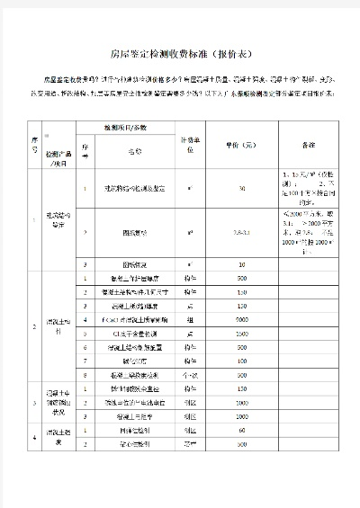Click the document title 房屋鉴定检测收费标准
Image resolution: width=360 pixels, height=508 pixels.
(179, 52)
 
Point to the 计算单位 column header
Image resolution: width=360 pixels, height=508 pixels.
(192, 144)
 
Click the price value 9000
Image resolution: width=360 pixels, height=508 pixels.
(242, 319)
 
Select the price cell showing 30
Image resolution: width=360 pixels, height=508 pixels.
(242, 189)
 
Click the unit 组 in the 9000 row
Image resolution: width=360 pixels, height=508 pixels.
(191, 319)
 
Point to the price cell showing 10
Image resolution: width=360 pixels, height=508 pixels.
(242, 265)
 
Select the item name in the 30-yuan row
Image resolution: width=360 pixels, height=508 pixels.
(134, 189)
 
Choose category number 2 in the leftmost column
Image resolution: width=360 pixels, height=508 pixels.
(35, 325)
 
